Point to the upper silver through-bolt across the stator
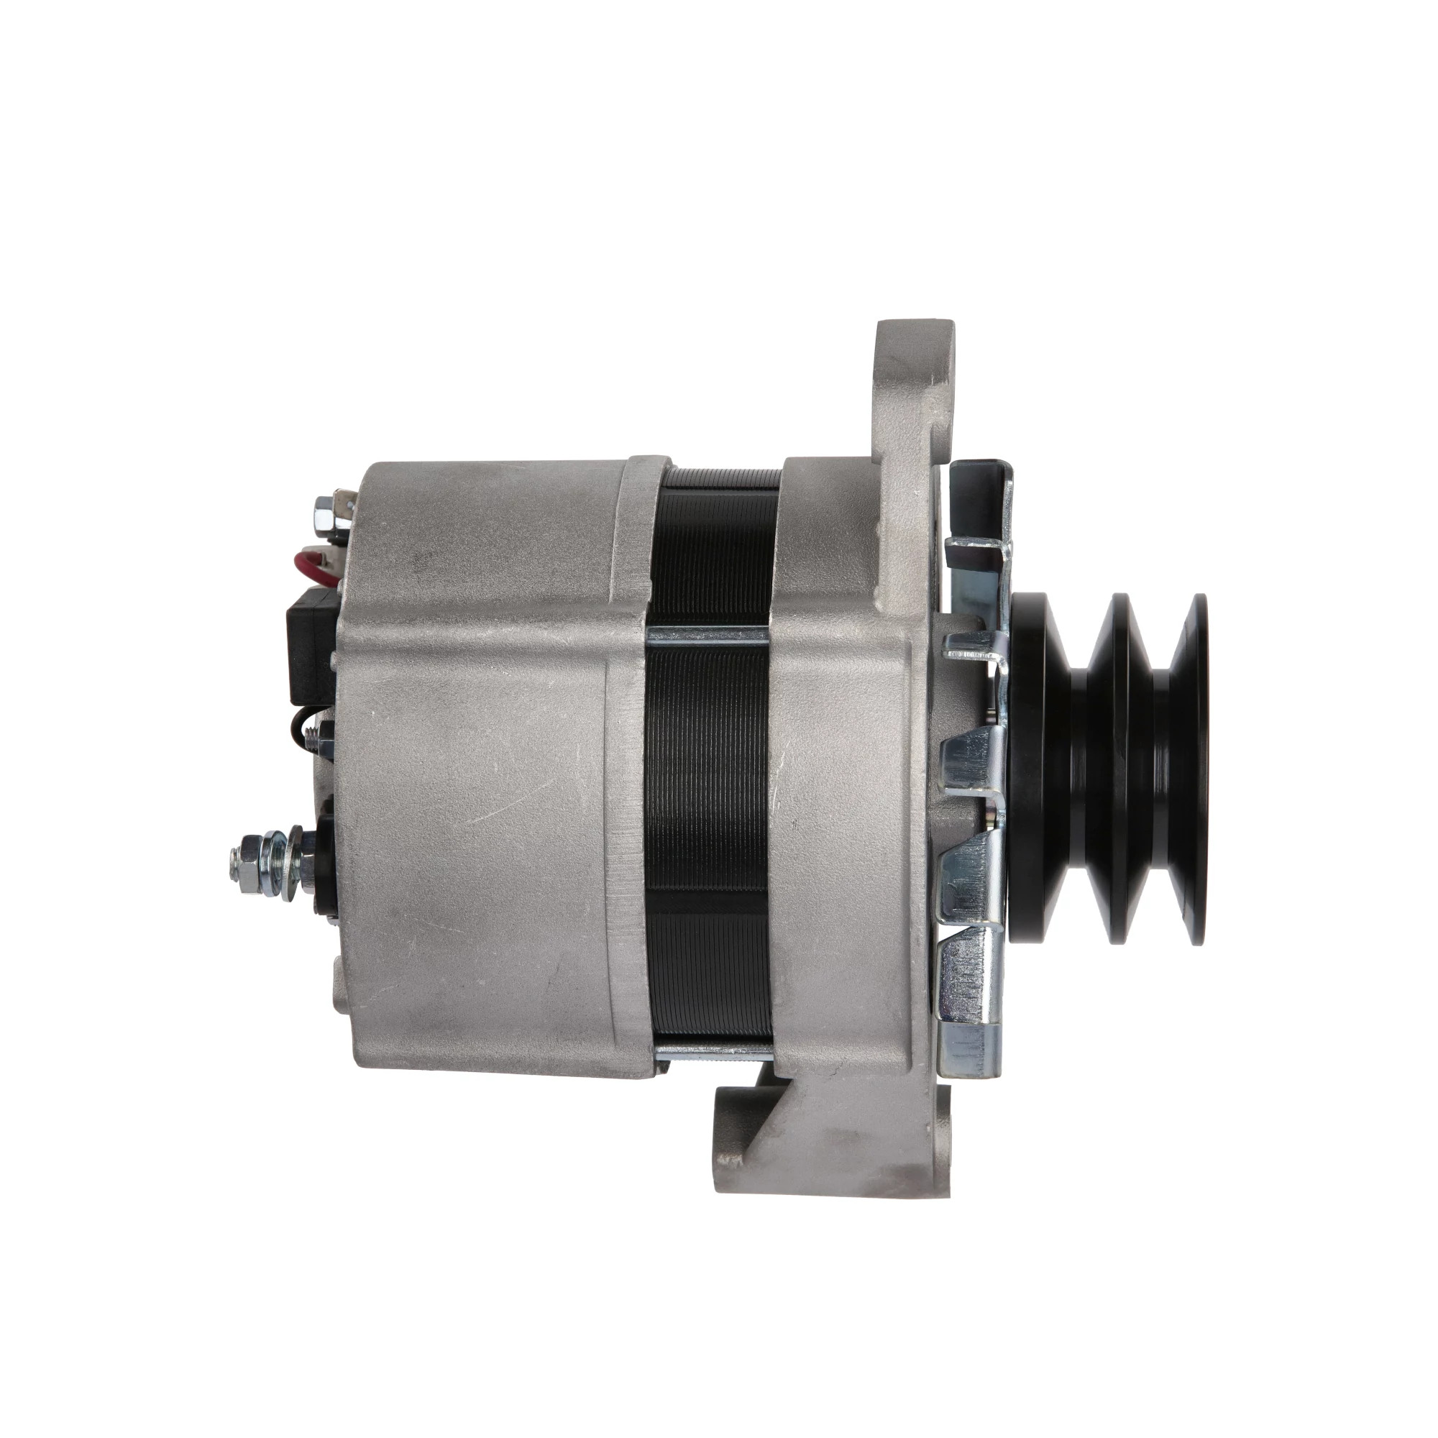[x=707, y=636]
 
